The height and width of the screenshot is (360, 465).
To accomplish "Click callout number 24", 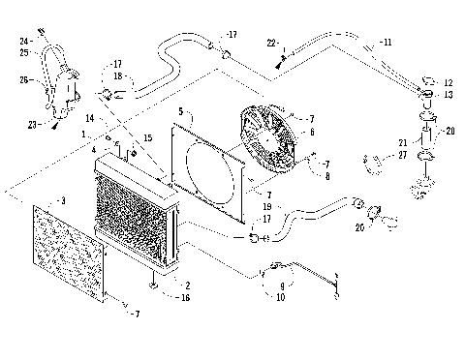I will click(x=23, y=41).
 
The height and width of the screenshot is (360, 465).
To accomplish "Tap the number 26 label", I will click(x=25, y=80).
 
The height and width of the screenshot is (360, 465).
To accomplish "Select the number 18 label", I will click(x=116, y=76).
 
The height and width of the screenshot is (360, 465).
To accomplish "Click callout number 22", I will click(x=272, y=44).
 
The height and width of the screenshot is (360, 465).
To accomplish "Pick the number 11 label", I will click(x=387, y=43).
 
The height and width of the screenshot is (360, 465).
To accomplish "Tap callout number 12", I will click(x=448, y=83).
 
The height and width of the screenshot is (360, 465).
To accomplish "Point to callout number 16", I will click(x=185, y=296).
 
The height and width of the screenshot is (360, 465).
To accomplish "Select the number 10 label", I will click(x=281, y=297).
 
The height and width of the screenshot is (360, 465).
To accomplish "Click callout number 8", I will click(x=327, y=176).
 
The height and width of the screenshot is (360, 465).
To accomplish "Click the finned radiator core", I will click(x=136, y=218).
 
